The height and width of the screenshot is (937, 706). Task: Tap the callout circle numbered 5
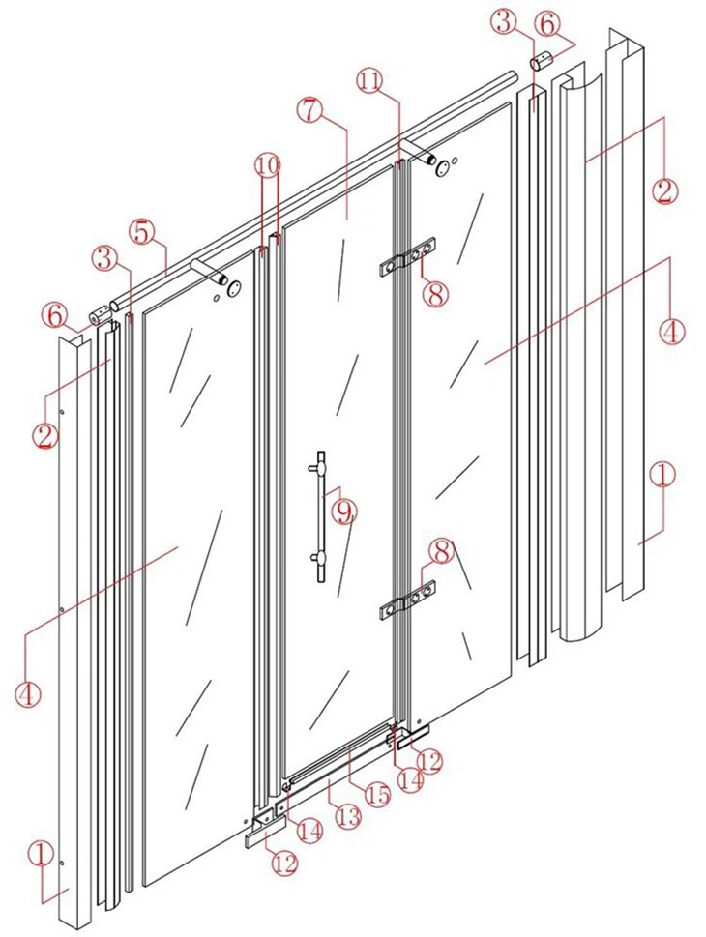pyautogui.click(x=142, y=232)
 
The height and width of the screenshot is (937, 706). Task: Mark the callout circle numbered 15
pyautogui.click(x=376, y=795)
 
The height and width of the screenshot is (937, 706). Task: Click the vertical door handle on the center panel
pyautogui.click(x=319, y=518)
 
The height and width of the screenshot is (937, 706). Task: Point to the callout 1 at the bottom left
pyautogui.click(x=40, y=854)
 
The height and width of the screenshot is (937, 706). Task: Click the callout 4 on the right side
pyautogui.click(x=672, y=329)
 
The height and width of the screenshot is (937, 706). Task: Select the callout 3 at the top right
pyautogui.click(x=504, y=20)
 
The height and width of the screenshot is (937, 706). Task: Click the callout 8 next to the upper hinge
pyautogui.click(x=436, y=293)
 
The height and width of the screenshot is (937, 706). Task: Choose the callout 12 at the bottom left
pyautogui.click(x=282, y=863)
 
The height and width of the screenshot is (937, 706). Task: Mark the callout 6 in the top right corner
pyautogui.click(x=546, y=20)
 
